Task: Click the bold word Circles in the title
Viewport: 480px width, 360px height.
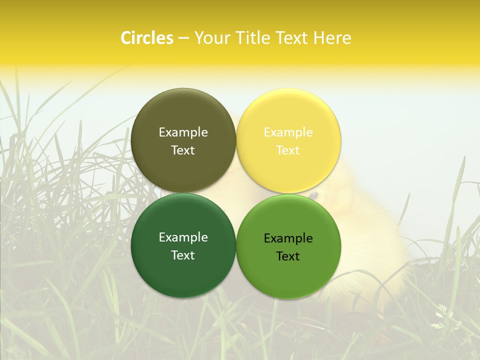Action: (147, 38)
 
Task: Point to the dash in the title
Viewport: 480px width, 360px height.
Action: (183, 38)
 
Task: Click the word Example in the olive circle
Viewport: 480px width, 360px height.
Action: (183, 132)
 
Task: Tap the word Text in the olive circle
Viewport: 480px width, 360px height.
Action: (183, 150)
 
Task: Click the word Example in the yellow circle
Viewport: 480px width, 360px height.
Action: (288, 132)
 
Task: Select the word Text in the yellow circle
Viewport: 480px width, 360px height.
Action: (288, 150)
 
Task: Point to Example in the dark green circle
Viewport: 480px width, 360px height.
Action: (183, 237)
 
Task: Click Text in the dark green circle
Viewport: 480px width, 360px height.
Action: (183, 255)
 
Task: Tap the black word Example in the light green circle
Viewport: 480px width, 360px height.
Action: (288, 238)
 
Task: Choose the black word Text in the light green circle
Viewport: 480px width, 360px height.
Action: (288, 256)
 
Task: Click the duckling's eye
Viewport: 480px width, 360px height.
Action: (313, 195)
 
